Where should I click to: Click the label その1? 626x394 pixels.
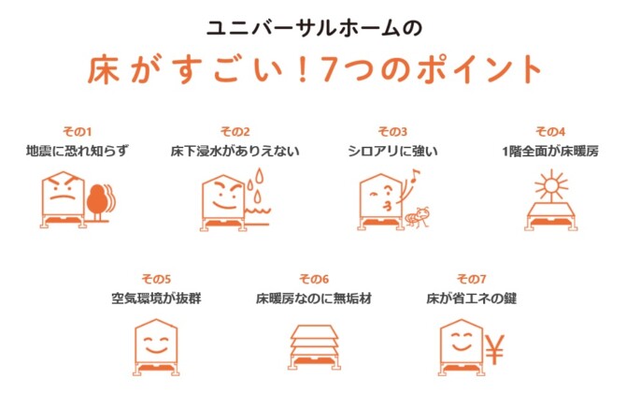(x=77, y=132)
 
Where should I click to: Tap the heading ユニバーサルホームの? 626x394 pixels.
(x=314, y=28)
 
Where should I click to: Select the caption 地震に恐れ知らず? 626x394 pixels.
(x=78, y=152)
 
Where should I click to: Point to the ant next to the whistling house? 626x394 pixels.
(x=418, y=217)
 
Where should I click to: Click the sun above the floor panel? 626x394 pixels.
(x=551, y=185)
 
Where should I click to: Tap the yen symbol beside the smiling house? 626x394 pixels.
(x=495, y=350)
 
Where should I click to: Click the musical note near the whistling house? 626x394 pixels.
(x=415, y=175)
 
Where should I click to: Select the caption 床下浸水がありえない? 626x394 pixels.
(x=235, y=152)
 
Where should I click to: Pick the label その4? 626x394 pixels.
(x=550, y=132)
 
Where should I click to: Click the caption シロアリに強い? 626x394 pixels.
(x=392, y=152)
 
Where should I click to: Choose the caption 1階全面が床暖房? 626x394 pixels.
(x=550, y=152)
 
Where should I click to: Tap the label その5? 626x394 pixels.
(x=156, y=279)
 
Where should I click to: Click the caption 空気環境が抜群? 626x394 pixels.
(x=156, y=299)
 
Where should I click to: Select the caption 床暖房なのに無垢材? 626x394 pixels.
(x=314, y=299)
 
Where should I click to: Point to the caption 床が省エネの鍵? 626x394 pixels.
(x=472, y=299)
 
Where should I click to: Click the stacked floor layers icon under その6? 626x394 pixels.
(x=315, y=346)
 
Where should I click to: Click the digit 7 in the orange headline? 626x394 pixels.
(x=327, y=68)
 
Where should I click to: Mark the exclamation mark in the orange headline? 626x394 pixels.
(x=302, y=69)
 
